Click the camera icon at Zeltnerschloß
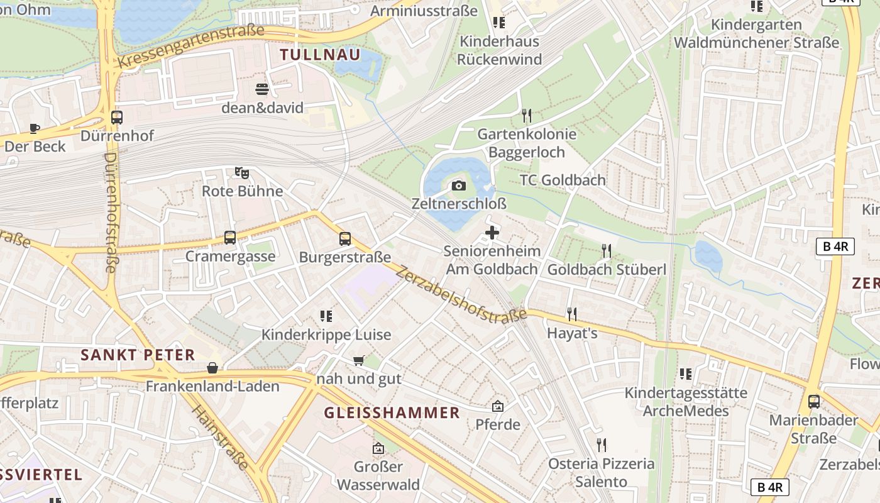point(459,185)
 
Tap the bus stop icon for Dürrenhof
point(117,117)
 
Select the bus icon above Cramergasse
point(230,238)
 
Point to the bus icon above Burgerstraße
point(344,239)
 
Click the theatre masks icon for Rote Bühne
point(242,172)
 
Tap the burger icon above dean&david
point(262,89)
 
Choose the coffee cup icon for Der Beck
point(35,128)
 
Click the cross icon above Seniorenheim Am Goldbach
point(492,233)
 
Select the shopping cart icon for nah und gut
point(358,360)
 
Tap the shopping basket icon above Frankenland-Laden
point(212,368)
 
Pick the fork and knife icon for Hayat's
point(571,314)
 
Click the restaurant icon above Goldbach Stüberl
point(606,251)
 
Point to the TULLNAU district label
point(321,55)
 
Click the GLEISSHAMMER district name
point(392,413)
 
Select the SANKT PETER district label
point(138,355)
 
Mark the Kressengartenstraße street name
point(191,47)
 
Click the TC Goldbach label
point(563,180)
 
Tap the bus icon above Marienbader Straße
point(814,401)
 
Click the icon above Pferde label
point(498,406)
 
